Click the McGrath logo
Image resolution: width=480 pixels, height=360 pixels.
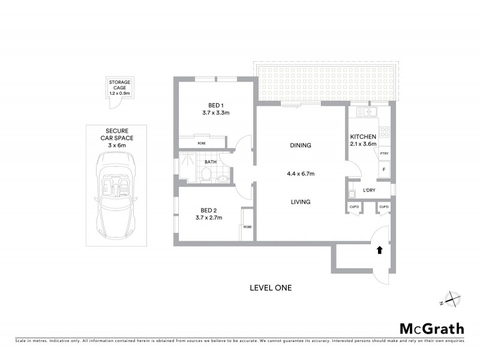432,328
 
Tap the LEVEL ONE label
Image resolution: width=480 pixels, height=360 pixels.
270,288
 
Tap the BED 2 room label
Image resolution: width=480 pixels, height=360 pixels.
211,214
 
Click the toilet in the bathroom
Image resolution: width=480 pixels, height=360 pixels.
206,174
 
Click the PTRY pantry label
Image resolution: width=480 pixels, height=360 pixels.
383,154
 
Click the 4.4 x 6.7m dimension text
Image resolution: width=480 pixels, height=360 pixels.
301,173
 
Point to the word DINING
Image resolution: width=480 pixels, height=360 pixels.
301,146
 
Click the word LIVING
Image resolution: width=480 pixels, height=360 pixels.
301,202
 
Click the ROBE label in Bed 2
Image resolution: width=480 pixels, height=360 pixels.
247,227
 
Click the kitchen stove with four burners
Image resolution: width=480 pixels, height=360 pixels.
384,133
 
